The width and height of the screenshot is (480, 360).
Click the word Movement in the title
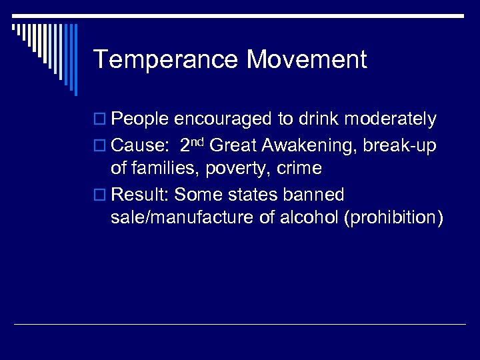pos(307,60)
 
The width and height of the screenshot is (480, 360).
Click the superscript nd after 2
pos(198,141)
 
